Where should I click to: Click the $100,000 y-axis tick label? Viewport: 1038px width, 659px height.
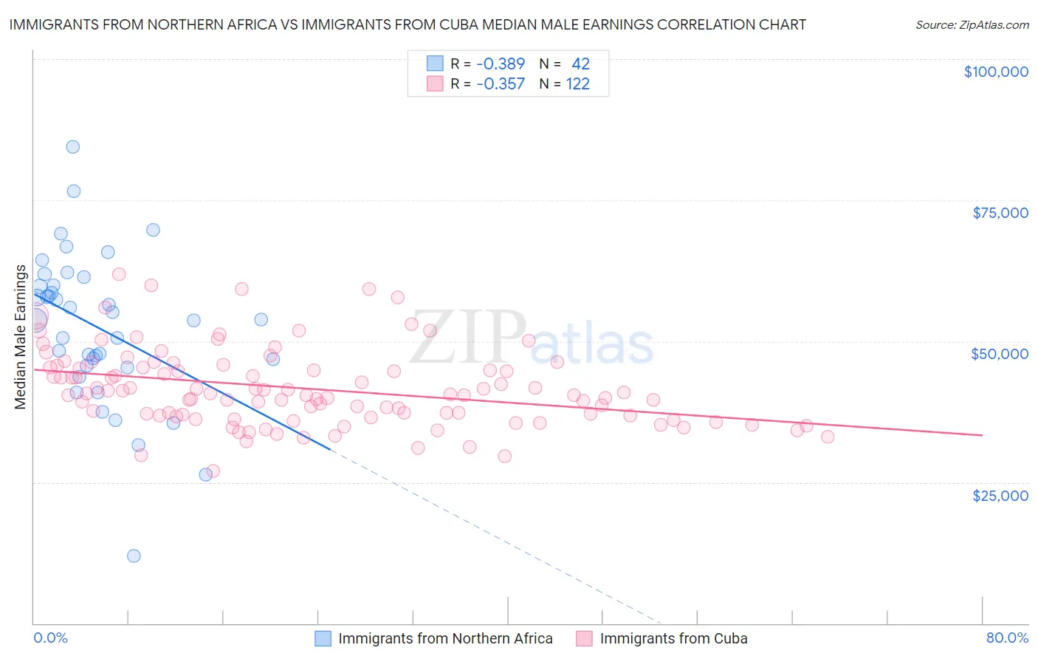pyautogui.click(x=996, y=72)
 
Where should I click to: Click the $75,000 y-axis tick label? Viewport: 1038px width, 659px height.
pyautogui.click(x=1000, y=213)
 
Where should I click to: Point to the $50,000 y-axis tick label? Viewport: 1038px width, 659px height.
pyautogui.click(x=1000, y=354)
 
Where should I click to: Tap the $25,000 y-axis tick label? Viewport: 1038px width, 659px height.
pyautogui.click(x=1000, y=495)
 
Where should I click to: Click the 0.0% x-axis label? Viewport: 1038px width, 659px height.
pyautogui.click(x=51, y=638)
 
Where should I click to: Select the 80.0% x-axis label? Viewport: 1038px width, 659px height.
pyautogui.click(x=1007, y=638)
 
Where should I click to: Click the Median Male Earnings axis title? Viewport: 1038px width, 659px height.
pyautogui.click(x=21, y=336)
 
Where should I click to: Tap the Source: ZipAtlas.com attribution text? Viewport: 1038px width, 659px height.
pyautogui.click(x=972, y=24)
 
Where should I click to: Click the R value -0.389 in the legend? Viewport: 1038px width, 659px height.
pyautogui.click(x=501, y=64)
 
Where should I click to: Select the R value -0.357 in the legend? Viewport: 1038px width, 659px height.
pyautogui.click(x=501, y=83)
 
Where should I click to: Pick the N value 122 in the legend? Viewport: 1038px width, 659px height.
pyautogui.click(x=578, y=83)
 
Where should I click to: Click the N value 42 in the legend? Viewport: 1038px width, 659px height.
pyautogui.click(x=580, y=64)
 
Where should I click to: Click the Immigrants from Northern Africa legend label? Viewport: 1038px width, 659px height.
pyautogui.click(x=445, y=638)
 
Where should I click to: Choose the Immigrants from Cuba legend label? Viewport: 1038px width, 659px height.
pyautogui.click(x=673, y=638)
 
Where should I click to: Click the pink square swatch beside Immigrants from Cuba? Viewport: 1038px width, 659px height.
pyautogui.click(x=584, y=638)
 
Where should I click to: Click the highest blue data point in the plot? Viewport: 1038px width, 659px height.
pyautogui.click(x=72, y=146)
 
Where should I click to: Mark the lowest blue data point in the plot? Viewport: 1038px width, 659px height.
pyautogui.click(x=134, y=556)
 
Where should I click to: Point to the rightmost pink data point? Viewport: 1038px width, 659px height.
pyautogui.click(x=828, y=437)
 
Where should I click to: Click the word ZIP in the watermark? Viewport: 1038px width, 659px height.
pyautogui.click(x=467, y=337)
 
